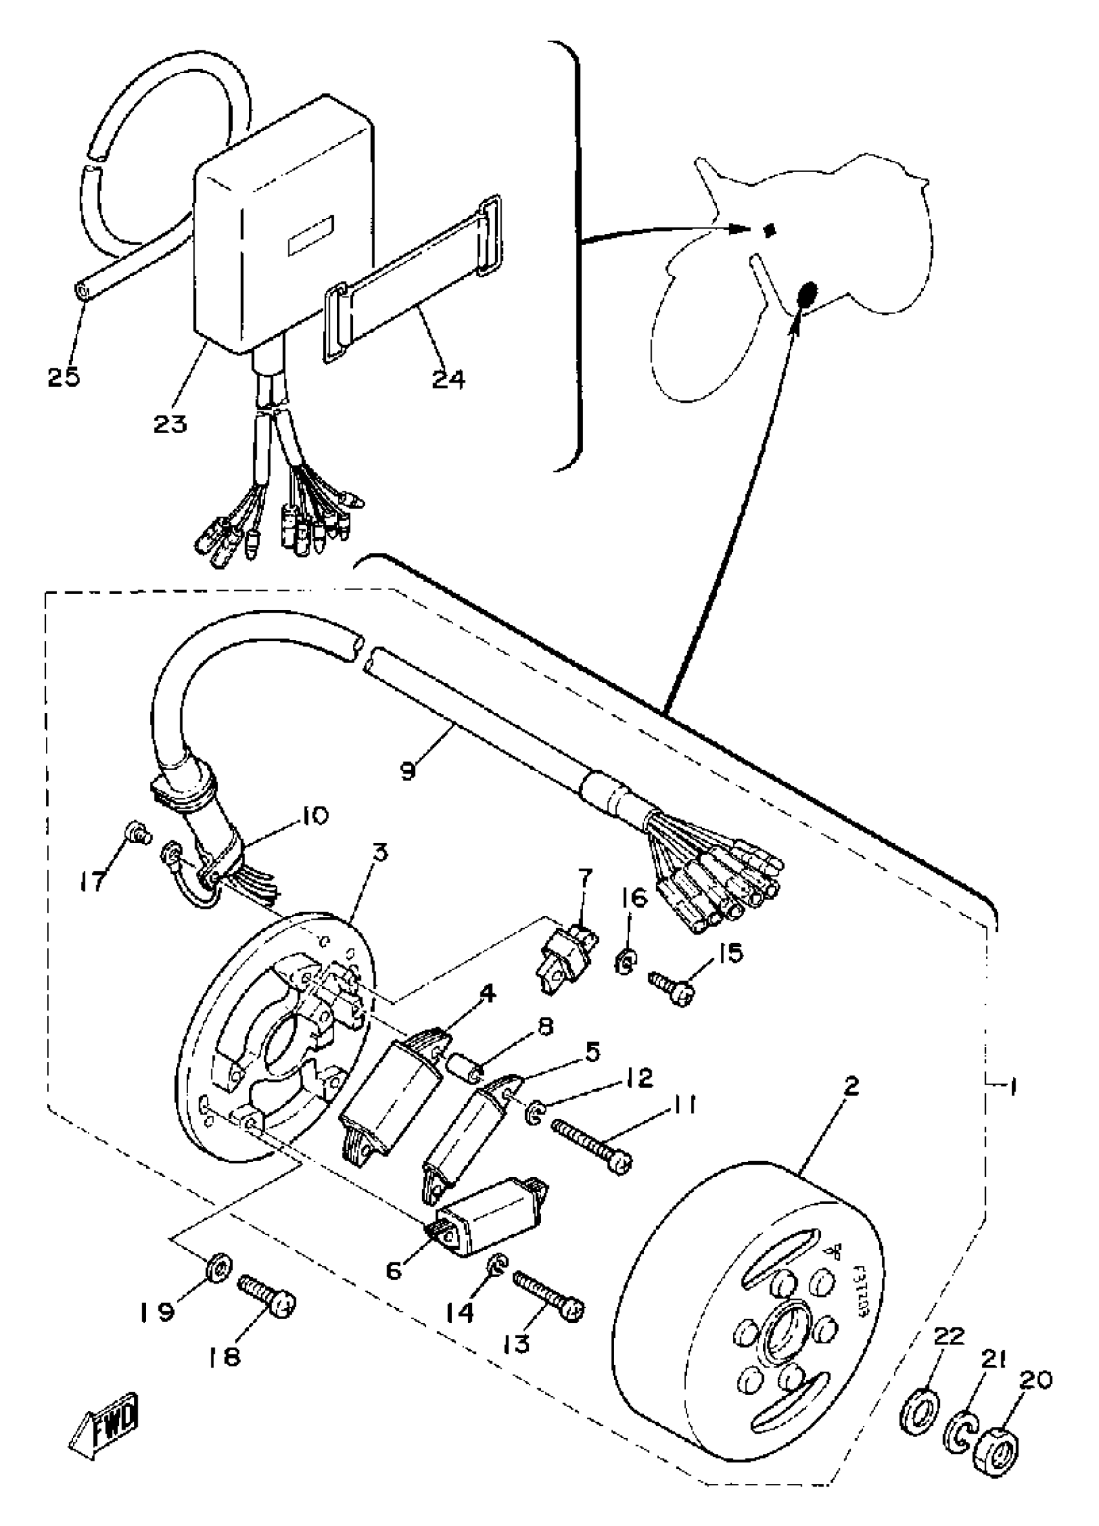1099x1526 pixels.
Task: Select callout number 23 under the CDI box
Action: point(169,424)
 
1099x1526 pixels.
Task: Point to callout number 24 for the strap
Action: point(448,379)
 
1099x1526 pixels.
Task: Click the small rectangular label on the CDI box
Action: point(311,239)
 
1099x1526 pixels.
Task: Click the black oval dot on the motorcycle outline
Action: point(806,293)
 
